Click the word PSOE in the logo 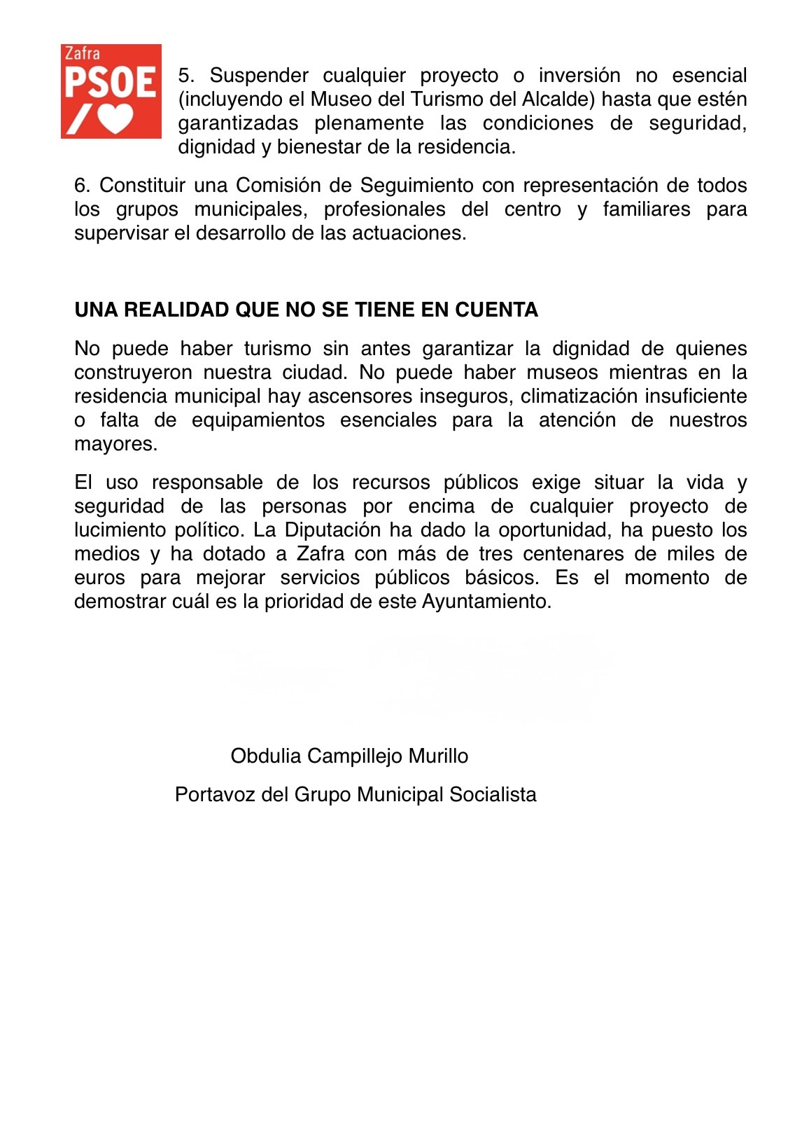111,83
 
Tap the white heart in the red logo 115,118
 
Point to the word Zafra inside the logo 82,54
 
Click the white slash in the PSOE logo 77,119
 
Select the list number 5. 185,76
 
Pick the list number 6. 82,186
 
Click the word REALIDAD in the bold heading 176,310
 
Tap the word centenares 574,554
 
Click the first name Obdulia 266,756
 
